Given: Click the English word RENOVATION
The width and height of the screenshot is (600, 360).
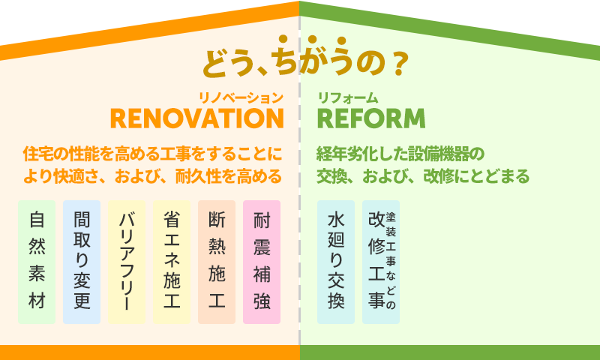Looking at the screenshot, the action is coord(197,118).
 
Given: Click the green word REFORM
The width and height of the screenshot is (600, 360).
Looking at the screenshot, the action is coord(371,118).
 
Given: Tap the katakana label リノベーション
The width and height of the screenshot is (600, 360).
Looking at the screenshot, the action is coord(241,98).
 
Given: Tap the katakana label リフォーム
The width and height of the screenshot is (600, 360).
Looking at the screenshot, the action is coord(348,98).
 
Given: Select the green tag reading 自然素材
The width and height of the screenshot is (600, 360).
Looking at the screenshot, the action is coord(37,262).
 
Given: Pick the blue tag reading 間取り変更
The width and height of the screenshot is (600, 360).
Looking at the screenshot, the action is coord(82,262).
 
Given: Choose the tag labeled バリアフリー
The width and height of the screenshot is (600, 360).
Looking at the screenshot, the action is coord(127,262).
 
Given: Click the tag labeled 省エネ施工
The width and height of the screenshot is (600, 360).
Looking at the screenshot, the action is coord(172,262).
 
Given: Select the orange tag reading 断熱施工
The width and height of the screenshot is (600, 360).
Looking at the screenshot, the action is coord(217,262).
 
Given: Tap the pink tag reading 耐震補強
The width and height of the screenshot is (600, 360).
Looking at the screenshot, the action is coord(262,262).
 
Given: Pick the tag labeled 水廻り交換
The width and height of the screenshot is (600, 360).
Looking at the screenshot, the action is coord(336,262).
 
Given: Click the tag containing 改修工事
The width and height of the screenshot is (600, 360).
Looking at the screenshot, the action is coord(381,262).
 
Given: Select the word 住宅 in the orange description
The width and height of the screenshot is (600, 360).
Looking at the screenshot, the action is coord(38,154).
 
